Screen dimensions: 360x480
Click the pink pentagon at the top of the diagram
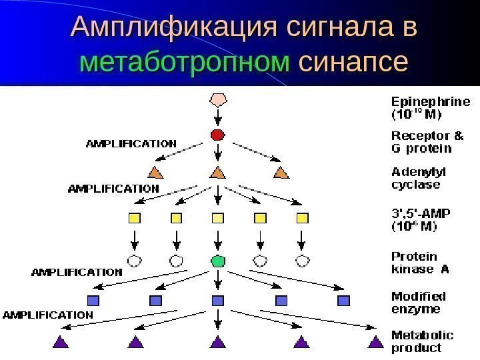217,101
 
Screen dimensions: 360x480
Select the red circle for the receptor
217,135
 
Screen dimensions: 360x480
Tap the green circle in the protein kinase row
217,260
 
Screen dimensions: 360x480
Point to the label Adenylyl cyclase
415,177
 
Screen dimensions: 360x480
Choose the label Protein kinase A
419,263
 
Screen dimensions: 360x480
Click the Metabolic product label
422,341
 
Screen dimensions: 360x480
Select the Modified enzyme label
418,302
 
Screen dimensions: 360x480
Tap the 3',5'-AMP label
420,219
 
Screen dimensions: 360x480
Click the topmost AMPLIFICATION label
131,143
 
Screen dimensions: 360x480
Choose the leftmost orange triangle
155,173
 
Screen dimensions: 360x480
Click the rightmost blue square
343,301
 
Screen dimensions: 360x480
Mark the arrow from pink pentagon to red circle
217,118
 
